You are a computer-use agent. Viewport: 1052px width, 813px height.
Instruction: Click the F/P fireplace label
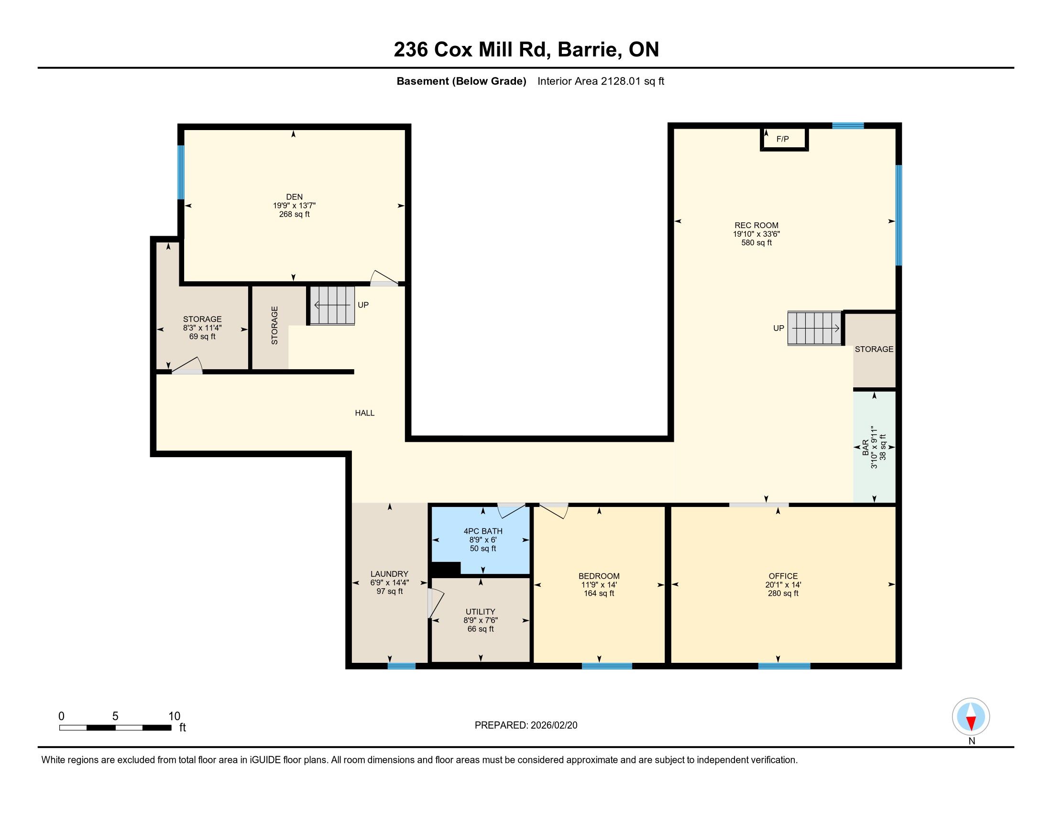point(783,139)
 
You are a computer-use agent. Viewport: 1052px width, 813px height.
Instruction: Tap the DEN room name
point(294,197)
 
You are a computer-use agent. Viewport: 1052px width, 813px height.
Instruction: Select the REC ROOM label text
point(756,225)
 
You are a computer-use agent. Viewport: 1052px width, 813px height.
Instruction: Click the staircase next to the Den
point(332,306)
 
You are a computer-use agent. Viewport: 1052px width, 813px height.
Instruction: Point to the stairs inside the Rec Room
point(814,328)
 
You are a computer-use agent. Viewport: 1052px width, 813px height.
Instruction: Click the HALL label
point(365,413)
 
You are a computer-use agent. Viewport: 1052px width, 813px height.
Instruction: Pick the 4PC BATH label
point(483,531)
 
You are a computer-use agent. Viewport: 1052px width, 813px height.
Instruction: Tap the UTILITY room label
point(480,612)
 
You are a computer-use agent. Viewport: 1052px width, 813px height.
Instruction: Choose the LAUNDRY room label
point(389,573)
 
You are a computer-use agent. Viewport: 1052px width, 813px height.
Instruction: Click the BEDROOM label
point(599,576)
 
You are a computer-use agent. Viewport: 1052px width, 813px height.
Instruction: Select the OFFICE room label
point(783,576)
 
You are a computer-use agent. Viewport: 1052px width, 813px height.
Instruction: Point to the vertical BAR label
point(866,447)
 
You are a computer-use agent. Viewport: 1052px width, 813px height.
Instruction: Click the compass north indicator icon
point(971,717)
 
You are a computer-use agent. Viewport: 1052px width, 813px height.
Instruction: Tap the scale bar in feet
point(116,727)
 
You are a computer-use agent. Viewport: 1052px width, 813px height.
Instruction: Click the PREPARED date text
point(526,725)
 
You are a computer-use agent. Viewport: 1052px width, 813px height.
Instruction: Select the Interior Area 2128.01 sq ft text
point(601,81)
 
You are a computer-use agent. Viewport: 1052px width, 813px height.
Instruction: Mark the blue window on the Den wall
point(181,172)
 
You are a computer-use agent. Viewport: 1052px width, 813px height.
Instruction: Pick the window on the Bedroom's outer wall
point(607,666)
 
